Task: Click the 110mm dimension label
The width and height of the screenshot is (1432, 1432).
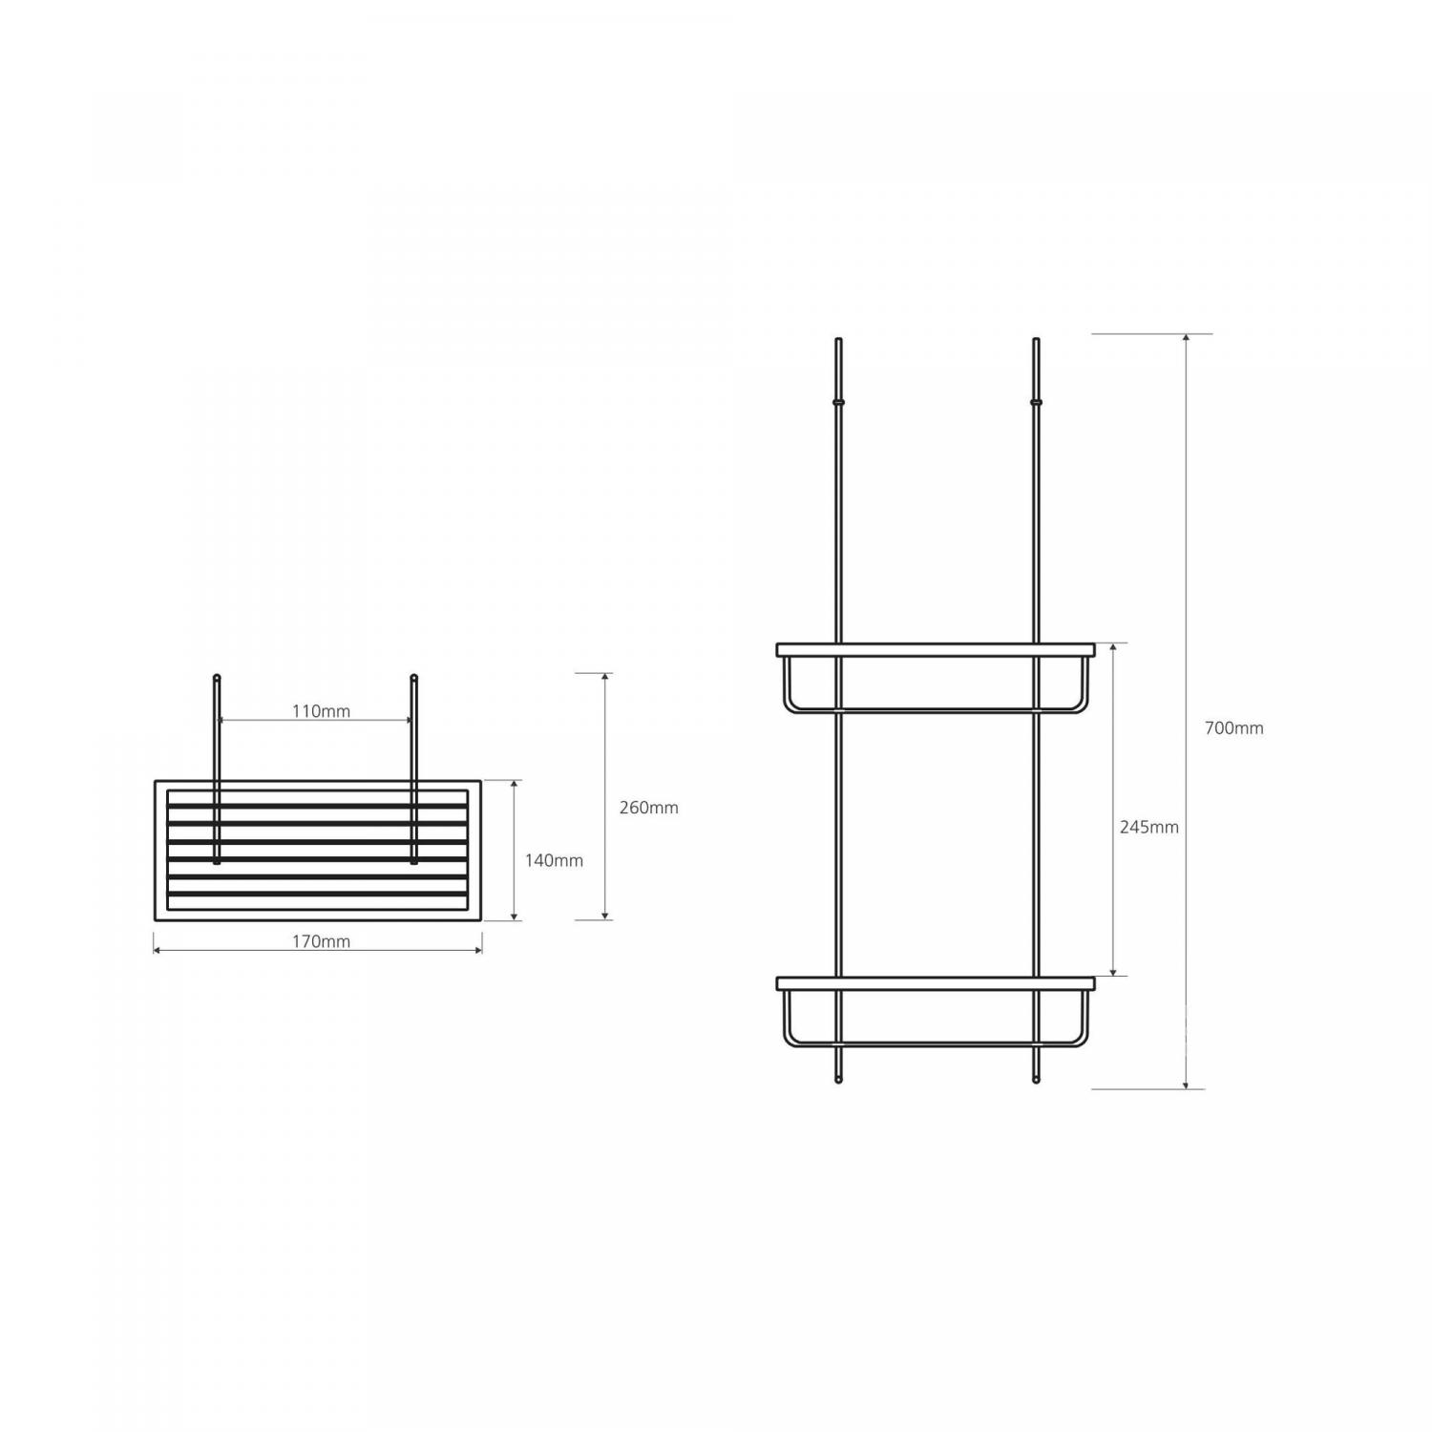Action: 321,711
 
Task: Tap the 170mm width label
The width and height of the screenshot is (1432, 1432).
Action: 321,941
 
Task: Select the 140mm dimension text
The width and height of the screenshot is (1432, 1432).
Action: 554,860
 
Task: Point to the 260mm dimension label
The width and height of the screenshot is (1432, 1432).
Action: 649,808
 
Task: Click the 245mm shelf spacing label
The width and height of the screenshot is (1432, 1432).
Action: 1149,828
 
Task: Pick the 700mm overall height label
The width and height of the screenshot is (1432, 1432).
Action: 1233,728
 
